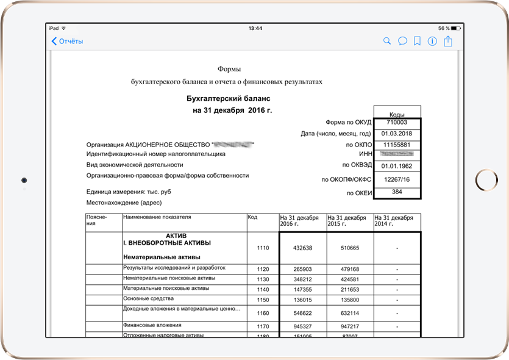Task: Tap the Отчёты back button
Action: click(x=67, y=41)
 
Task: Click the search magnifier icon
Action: click(x=386, y=41)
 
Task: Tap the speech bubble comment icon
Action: click(x=402, y=41)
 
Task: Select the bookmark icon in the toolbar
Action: click(x=418, y=41)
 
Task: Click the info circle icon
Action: click(x=433, y=41)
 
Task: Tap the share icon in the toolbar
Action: click(x=449, y=41)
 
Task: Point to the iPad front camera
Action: click(x=24, y=181)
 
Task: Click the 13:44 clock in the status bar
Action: click(x=255, y=29)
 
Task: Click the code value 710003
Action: click(x=397, y=123)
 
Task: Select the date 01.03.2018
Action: click(x=397, y=134)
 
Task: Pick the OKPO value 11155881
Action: click(x=397, y=145)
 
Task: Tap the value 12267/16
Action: click(x=397, y=180)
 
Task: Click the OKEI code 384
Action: click(x=397, y=192)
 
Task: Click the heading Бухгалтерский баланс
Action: click(x=228, y=98)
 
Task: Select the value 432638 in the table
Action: click(x=302, y=248)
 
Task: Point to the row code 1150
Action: click(x=263, y=300)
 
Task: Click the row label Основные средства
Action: click(x=149, y=299)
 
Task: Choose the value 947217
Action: click(x=350, y=326)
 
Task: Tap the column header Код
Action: click(x=252, y=217)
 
